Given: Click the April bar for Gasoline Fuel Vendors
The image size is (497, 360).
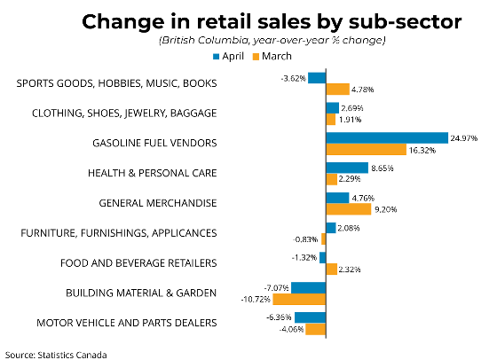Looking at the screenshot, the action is (387, 138).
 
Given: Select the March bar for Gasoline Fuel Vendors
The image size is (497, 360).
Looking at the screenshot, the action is (366, 150).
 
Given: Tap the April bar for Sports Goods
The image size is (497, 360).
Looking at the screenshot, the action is (317, 78).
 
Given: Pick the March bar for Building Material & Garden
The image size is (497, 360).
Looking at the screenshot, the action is (299, 299).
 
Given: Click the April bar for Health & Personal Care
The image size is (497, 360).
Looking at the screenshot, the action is (347, 168).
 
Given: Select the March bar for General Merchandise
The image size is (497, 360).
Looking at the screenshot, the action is (349, 209).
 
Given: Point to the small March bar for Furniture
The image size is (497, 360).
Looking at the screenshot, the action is (324, 239).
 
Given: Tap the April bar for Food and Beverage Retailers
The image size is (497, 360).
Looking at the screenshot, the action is (323, 258).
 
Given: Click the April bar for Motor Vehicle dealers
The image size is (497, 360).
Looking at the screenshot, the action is (311, 317).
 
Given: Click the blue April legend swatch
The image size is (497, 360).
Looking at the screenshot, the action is (217, 57).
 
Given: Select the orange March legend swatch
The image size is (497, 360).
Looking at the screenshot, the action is (256, 57).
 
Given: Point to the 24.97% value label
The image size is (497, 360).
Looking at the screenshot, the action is (463, 138).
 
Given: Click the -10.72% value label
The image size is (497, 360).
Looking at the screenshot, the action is (256, 299).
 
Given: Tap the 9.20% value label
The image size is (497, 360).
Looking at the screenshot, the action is (385, 209).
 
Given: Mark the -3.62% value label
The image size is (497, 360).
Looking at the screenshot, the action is (293, 78).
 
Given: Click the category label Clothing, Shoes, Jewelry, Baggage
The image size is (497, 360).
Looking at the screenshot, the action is (124, 113).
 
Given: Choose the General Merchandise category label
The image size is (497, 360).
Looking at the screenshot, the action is (158, 203).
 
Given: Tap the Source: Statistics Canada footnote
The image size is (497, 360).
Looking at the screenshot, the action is (56, 355).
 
